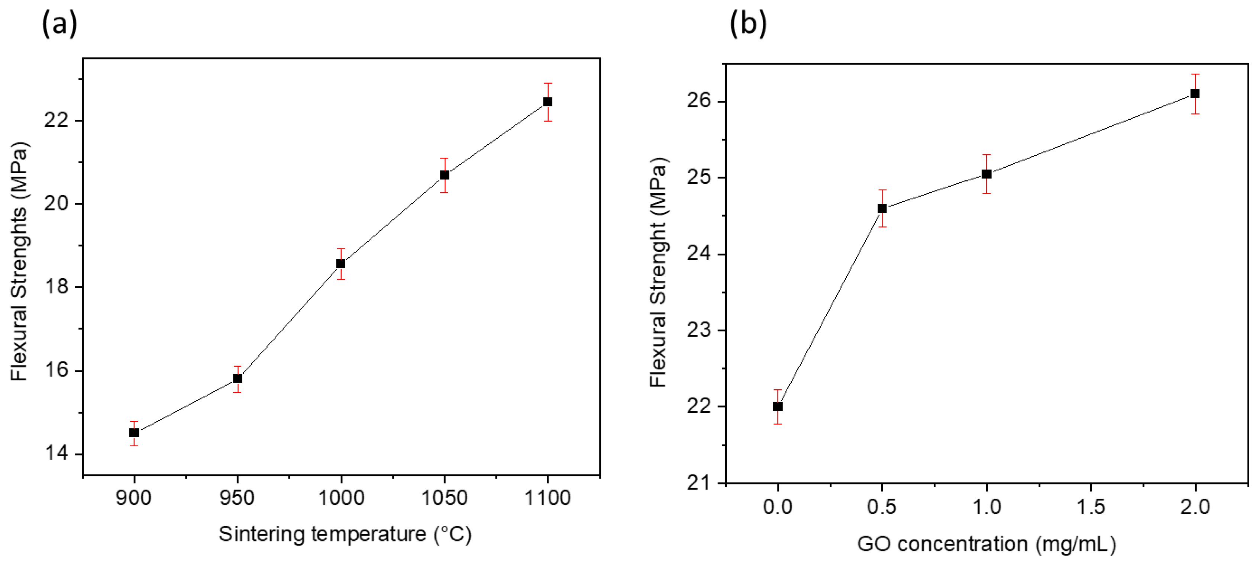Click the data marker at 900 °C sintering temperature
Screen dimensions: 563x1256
[134, 433]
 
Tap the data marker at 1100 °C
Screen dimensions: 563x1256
[548, 102]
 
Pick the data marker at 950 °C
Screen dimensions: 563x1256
[238, 379]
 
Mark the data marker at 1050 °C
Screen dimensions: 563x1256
[444, 175]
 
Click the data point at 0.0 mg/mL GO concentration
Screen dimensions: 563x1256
[778, 406]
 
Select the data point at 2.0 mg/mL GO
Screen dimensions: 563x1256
[1195, 94]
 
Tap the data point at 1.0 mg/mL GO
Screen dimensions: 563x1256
[987, 174]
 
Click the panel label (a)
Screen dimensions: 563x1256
[59, 23]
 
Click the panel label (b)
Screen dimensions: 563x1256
[748, 23]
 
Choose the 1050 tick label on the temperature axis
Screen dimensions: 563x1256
[444, 498]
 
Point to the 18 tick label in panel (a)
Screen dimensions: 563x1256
[56, 287]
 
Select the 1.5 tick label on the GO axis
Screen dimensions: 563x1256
[1091, 507]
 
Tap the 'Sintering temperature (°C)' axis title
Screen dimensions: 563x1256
[345, 534]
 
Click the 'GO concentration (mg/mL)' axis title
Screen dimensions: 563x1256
[987, 544]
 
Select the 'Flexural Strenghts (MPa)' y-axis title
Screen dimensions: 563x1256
[19, 261]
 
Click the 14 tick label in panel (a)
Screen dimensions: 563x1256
[56, 454]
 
